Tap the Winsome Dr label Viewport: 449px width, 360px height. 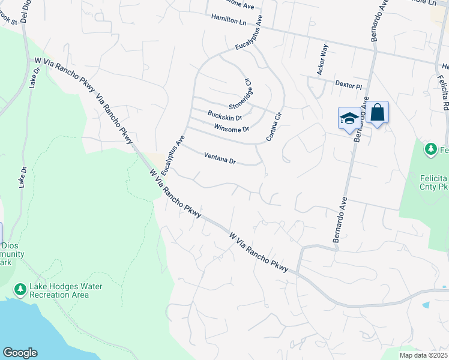231,129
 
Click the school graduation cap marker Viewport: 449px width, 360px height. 349,118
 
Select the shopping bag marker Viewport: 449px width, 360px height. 377,112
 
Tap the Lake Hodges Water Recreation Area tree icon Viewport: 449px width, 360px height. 20,290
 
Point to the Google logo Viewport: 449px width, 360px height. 20,353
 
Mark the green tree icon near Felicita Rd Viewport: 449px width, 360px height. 430,149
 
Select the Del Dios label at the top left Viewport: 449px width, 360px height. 25,11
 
